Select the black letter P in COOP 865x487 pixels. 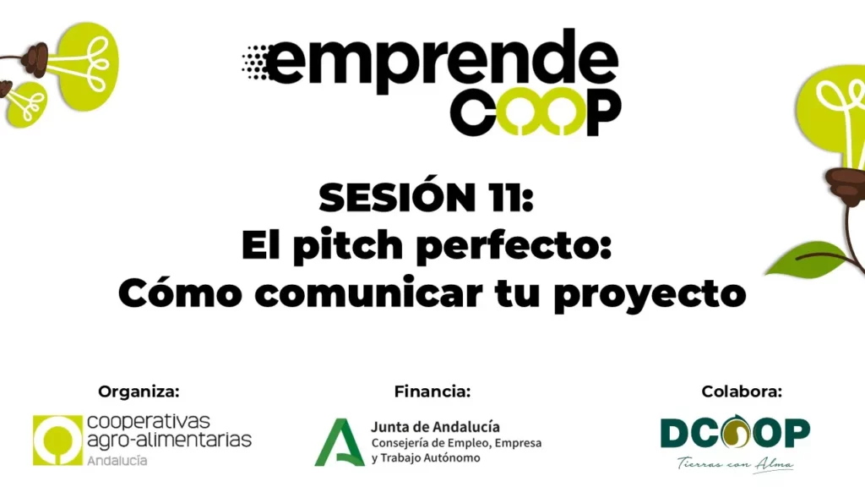pos(603,113)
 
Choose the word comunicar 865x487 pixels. pos(368,293)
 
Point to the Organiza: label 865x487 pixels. pos(139,391)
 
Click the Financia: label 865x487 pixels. pos(432,391)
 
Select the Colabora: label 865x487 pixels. pos(742,391)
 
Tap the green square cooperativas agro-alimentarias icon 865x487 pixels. pos(57,440)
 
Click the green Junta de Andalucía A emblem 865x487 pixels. pos(340,442)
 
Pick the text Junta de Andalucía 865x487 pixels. pos(435,427)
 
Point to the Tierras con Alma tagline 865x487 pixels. pos(736,464)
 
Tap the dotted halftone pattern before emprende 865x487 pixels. pos(255,62)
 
